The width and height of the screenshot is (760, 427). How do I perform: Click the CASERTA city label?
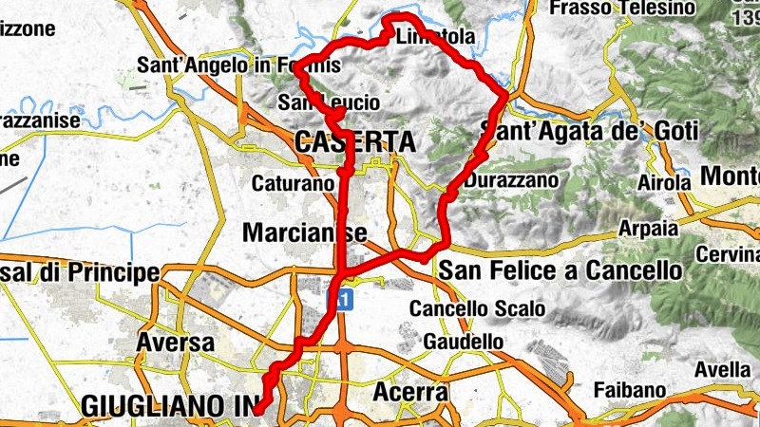pyautogui.click(x=355, y=142)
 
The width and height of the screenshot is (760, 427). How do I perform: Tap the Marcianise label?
pyautogui.click(x=305, y=232)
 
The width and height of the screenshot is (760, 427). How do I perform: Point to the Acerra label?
pyautogui.click(x=410, y=391)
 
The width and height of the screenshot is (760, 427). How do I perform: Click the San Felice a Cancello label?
pyautogui.click(x=560, y=271)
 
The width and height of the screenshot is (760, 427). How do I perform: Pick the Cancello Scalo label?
pyautogui.click(x=477, y=309)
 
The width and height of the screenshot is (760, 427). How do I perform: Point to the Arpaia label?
pyautogui.click(x=648, y=229)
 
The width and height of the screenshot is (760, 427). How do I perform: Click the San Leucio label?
pyautogui.click(x=330, y=102)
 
